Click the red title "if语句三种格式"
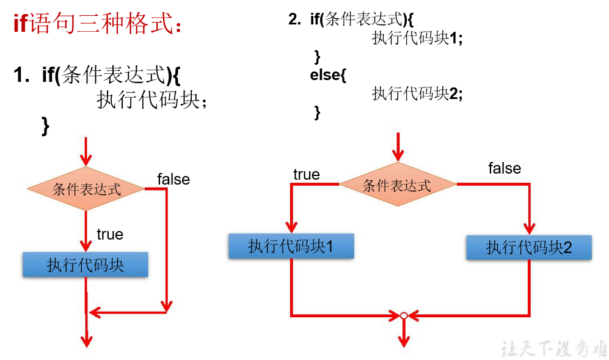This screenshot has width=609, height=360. tap(98, 25)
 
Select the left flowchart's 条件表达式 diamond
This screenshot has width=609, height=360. tap(86, 189)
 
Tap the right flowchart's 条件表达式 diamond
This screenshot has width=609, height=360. tap(397, 185)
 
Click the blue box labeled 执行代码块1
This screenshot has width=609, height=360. tap(291, 246)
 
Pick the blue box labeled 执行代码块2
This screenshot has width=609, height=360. tap(528, 248)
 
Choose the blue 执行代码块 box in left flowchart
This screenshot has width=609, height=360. tap(86, 265)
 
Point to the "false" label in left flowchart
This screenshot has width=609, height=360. tap(173, 179)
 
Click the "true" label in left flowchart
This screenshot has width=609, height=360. tap(110, 234)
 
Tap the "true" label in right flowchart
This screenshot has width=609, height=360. tap(306, 175)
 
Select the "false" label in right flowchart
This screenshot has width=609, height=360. tap(505, 168)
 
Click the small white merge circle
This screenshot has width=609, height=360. tap(403, 315)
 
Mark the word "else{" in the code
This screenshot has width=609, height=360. tap(328, 75)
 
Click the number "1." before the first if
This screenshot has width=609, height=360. tap(22, 76)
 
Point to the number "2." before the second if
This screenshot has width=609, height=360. tap(295, 20)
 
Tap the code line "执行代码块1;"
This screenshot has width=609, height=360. tap(417, 38)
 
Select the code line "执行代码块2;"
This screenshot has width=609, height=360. tap(417, 94)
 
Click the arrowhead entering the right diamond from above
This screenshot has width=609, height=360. tap(398, 155)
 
